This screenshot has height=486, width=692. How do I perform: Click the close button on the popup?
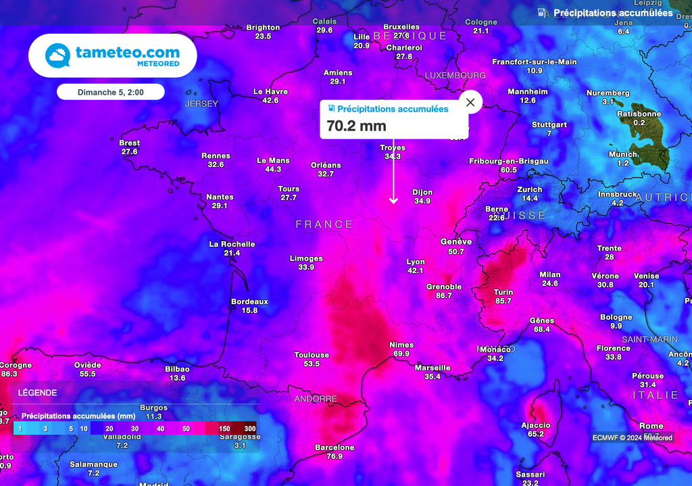(470, 103)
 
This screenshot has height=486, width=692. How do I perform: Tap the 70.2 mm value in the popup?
(356, 126)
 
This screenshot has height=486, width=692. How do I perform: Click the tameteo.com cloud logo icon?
(57, 55)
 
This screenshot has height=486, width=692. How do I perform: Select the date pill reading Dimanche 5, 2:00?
(110, 92)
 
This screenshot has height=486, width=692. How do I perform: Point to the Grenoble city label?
(444, 287)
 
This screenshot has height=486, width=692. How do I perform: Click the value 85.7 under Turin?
(503, 301)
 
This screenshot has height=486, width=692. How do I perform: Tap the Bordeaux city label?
(249, 301)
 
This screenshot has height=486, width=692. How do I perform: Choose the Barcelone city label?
(335, 447)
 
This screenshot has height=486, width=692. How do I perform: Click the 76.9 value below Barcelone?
(335, 456)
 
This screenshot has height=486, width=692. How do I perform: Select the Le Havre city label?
(270, 91)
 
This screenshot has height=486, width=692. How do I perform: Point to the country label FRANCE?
(324, 224)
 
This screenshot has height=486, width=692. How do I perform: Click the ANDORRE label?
(315, 399)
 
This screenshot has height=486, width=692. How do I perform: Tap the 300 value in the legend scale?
(250, 429)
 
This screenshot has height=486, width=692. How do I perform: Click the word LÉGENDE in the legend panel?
(37, 393)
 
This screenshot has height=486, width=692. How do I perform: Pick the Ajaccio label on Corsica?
(535, 425)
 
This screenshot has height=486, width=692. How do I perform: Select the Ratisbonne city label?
(639, 114)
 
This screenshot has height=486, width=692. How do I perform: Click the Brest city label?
(129, 143)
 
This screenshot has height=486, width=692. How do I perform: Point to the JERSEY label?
(201, 104)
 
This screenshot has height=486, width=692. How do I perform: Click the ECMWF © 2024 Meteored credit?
(632, 437)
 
